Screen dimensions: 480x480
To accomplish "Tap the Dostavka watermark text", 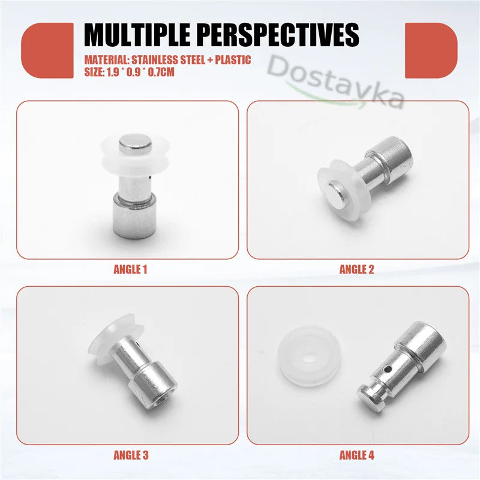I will click(336, 81).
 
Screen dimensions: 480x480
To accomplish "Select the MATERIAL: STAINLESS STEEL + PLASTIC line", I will click(167, 60).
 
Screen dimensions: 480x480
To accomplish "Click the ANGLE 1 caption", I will click(130, 269).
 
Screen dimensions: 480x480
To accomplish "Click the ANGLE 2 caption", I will click(356, 269).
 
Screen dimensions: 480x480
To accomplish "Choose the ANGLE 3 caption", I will click(130, 455).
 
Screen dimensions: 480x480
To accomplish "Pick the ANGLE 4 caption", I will click(356, 455).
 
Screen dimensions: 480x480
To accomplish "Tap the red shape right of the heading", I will click(431, 50).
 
